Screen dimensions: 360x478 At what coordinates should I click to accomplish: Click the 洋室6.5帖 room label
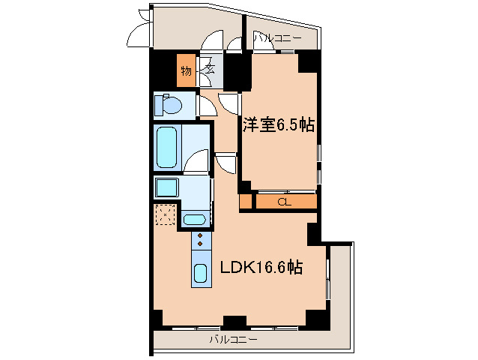(277, 124)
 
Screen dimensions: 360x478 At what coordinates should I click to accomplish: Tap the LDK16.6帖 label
(260, 267)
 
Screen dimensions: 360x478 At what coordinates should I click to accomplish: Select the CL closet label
(285, 201)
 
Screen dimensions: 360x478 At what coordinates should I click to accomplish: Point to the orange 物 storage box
(185, 72)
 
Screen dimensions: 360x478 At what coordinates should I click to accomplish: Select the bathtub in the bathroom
(166, 146)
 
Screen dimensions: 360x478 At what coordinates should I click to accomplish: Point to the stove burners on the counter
(201, 240)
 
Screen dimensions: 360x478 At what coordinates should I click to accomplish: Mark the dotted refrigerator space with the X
(165, 216)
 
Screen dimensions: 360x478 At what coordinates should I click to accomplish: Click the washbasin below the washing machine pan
(195, 220)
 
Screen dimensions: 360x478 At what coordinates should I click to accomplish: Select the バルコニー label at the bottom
(233, 340)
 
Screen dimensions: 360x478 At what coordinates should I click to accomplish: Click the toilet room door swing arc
(208, 106)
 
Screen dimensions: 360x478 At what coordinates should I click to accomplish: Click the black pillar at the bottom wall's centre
(235, 322)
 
